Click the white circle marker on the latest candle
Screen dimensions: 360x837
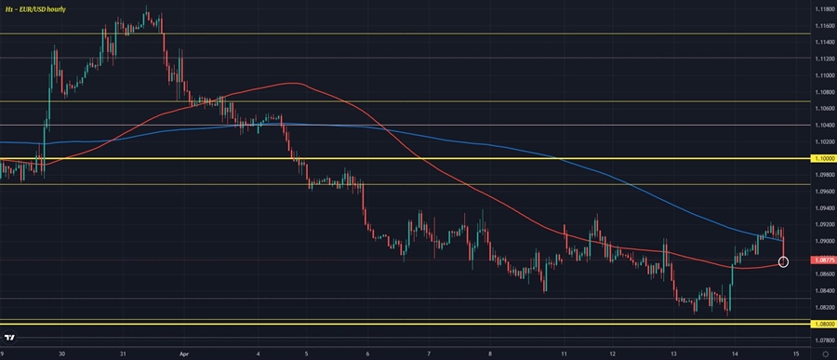pyautogui.click(x=783, y=261)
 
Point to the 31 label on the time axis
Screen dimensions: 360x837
pyautogui.click(x=123, y=353)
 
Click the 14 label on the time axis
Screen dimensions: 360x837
pyautogui.click(x=735, y=353)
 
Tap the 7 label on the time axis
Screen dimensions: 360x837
pyautogui.click(x=429, y=353)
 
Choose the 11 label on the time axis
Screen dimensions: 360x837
pyautogui.click(x=551, y=353)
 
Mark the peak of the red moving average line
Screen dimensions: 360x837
pyautogui.click(x=294, y=84)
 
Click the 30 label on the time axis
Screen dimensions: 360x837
pyautogui.click(x=61, y=353)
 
